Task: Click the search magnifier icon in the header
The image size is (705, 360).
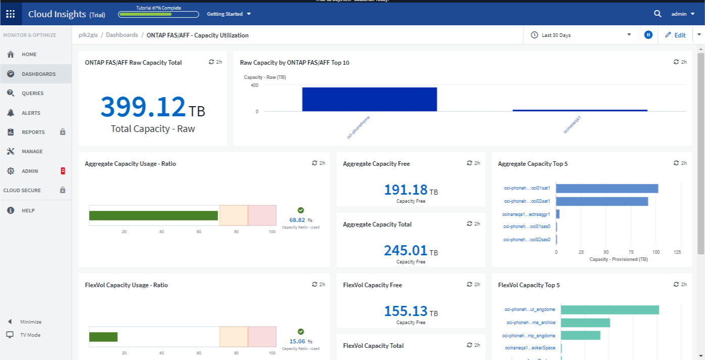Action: point(657,14)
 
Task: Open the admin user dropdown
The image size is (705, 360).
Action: point(682,14)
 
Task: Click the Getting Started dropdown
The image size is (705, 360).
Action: point(229,14)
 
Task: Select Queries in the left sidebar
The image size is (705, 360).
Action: point(32,94)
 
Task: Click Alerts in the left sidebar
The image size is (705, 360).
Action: point(31,113)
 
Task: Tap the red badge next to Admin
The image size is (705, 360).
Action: point(63,171)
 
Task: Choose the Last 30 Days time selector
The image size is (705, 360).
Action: point(581,35)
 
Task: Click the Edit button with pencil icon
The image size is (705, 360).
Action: point(675,35)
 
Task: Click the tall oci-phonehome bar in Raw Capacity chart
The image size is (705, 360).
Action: point(369,99)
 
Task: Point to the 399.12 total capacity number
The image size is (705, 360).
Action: point(144,107)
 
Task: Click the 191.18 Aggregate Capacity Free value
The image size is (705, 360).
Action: point(406,190)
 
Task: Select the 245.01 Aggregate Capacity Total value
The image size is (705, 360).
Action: point(406,250)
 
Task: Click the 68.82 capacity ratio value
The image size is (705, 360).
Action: point(297,220)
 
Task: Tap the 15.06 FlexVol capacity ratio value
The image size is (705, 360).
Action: point(297,341)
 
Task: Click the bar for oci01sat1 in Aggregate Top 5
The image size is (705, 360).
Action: point(607,188)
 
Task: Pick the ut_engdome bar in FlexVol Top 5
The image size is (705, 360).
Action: point(609,309)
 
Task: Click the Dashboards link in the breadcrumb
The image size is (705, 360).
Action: point(122,35)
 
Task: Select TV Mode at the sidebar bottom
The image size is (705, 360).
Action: point(30,335)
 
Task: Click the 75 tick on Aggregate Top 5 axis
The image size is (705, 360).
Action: point(631,252)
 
